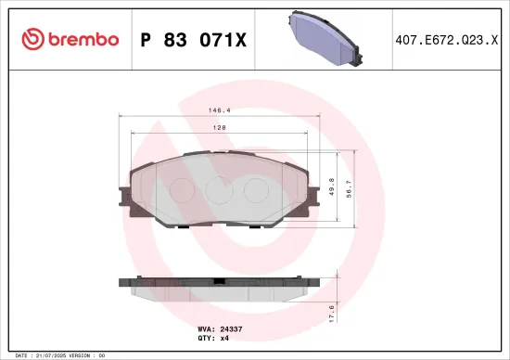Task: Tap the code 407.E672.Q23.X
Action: (447, 39)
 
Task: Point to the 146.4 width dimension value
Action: (220, 109)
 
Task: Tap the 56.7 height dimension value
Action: (350, 188)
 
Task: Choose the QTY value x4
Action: (223, 339)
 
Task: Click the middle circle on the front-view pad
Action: (217, 189)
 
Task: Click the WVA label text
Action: (205, 329)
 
